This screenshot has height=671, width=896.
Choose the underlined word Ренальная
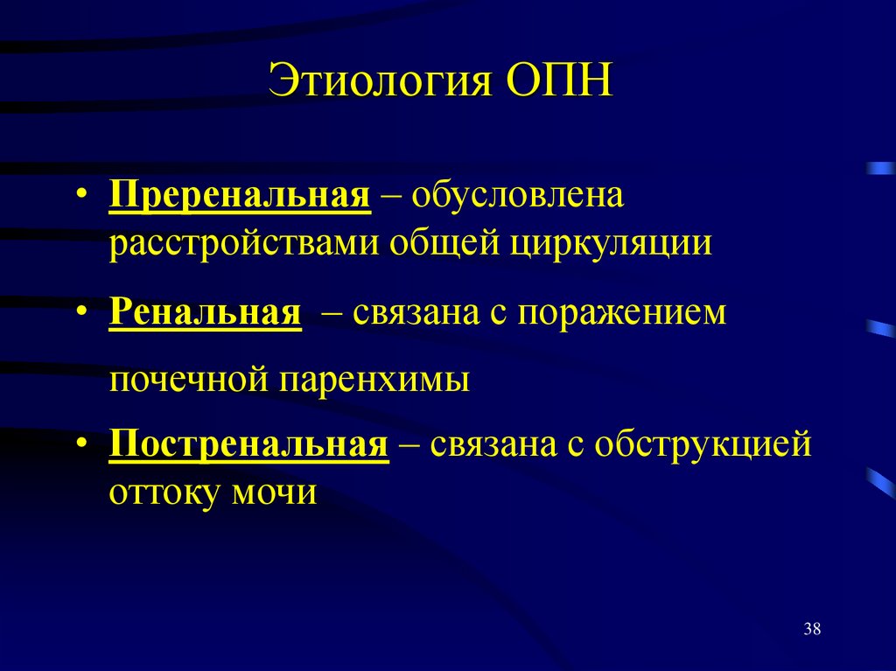click(206, 312)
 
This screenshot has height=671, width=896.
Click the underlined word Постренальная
click(248, 445)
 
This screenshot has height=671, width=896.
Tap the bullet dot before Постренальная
click(80, 446)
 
